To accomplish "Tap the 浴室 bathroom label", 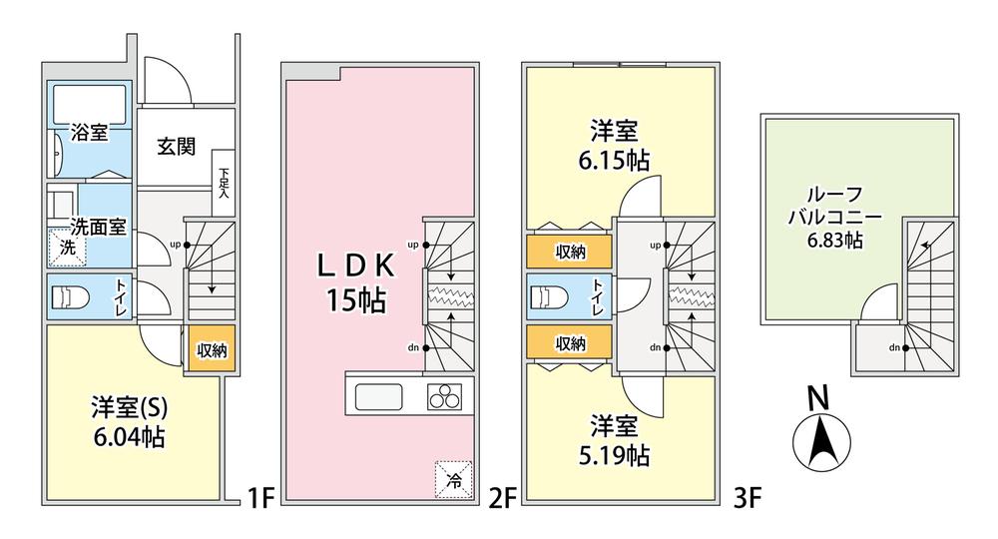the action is [89, 133].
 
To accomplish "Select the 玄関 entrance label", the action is [177, 147].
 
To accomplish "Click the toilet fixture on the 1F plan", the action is [70, 297].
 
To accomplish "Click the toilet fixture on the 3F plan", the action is [549, 297].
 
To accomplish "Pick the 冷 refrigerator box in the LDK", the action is [454, 479].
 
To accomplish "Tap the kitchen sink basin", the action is [378, 397].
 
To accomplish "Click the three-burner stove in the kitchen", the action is [444, 396].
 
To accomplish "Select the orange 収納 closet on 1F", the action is [212, 348].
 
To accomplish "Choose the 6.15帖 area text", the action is [614, 161].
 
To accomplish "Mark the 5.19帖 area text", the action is [614, 455].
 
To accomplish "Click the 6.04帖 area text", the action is [129, 437].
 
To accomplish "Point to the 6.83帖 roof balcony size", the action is [835, 240].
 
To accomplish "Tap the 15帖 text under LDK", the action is [356, 299].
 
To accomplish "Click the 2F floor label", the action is [502, 498].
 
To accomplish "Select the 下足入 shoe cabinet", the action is [224, 183].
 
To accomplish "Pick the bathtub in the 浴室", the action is [89, 102].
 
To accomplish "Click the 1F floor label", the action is [259, 498].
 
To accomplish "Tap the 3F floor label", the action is [748, 498].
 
